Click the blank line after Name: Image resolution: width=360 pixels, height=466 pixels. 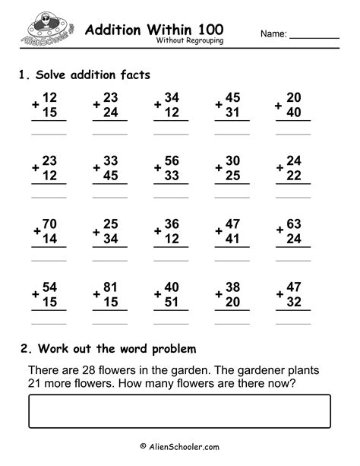tap(314, 36)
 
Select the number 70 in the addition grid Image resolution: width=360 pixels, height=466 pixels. tap(49, 224)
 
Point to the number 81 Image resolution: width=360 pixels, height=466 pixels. tap(111, 289)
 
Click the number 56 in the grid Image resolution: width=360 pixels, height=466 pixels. tap(172, 160)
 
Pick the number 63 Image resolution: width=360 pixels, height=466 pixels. tap(295, 224)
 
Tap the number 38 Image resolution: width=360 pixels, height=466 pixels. tap(233, 289)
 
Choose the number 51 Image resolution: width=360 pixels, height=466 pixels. tap(172, 303)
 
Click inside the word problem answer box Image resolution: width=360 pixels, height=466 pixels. tap(179, 411)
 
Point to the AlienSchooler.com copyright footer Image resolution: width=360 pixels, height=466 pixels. tap(179, 448)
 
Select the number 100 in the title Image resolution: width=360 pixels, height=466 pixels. tap(208, 30)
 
